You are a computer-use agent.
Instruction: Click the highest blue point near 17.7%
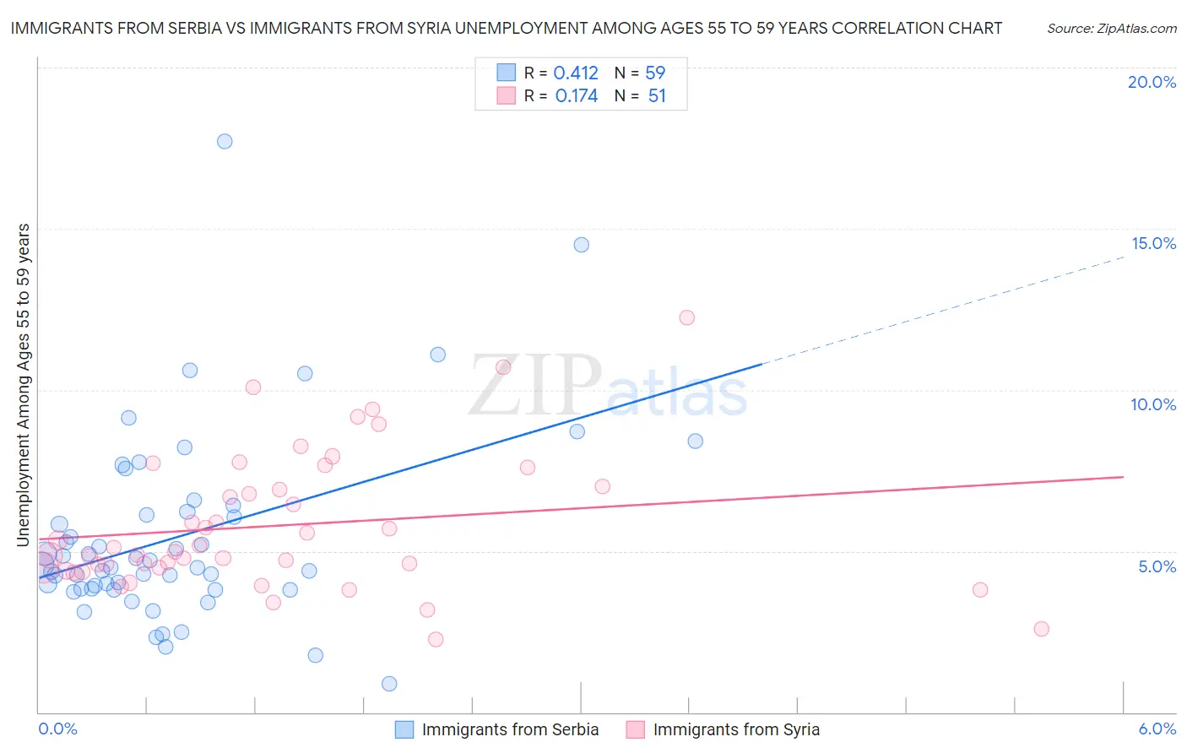click(225, 141)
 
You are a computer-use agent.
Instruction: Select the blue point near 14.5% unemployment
click(582, 245)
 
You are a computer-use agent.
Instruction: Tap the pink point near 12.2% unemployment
click(686, 317)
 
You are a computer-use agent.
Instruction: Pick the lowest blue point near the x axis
click(389, 684)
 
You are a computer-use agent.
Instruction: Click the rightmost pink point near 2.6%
click(1041, 629)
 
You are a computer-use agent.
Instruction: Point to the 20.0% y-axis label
click(1152, 82)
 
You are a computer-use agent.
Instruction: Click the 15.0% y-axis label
click(1153, 243)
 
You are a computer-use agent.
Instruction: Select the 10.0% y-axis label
click(1153, 404)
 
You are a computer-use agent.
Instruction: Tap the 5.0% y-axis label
click(1157, 566)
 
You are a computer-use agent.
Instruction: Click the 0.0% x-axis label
click(57, 729)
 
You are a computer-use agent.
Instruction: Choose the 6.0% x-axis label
click(1157, 729)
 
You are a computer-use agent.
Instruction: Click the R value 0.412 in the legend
click(576, 73)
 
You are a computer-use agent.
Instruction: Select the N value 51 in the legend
click(657, 96)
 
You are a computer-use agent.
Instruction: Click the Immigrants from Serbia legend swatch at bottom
click(404, 729)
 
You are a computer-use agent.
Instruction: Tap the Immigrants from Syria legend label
click(736, 729)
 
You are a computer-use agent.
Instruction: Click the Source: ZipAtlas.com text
click(1111, 29)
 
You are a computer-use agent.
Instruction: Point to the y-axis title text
click(24, 385)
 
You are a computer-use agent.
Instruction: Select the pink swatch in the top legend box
click(506, 95)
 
